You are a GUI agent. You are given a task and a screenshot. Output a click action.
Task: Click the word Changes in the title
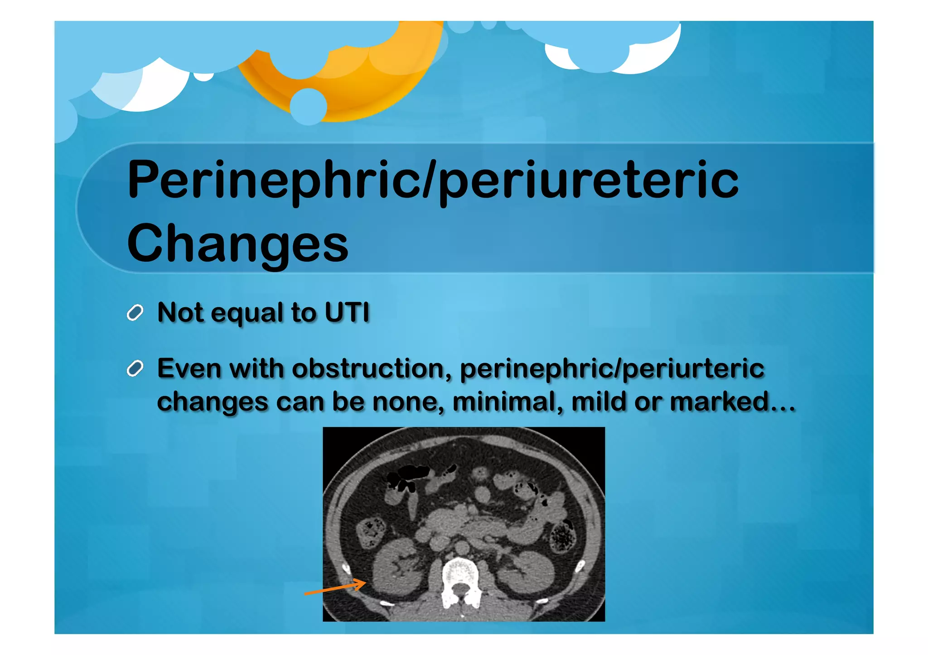[x=237, y=244]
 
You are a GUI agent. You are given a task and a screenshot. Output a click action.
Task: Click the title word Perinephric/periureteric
[x=433, y=180]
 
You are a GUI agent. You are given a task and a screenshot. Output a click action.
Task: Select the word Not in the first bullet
[x=180, y=312]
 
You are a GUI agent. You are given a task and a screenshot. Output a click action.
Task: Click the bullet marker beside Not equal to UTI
[x=135, y=313]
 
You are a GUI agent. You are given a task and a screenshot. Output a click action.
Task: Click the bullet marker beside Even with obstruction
[x=135, y=369]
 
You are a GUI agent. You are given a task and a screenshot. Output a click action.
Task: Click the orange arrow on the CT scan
[x=335, y=588]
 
